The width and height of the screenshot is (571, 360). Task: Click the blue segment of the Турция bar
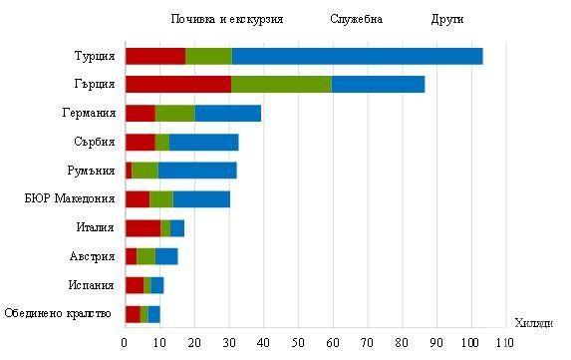(x=357, y=56)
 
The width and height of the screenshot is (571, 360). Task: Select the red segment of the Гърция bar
(x=177, y=84)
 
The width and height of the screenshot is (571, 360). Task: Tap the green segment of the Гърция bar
(x=281, y=84)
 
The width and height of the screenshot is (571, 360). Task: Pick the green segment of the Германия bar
(x=174, y=113)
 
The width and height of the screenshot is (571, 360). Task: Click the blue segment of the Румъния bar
(x=197, y=170)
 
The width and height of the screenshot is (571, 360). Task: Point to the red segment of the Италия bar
(x=143, y=227)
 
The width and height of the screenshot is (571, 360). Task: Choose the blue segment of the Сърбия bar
(x=204, y=142)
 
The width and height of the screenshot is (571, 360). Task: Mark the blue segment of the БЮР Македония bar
(x=201, y=198)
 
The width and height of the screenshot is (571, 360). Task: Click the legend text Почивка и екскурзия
(x=226, y=19)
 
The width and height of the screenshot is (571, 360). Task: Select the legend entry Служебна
(x=357, y=19)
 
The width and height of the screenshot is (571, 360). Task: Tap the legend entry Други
(x=447, y=19)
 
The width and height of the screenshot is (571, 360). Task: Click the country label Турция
(x=95, y=56)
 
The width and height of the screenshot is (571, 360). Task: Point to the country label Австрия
(x=93, y=256)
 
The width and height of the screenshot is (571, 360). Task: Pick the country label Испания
(x=93, y=285)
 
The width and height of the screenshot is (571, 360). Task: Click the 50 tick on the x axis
(x=297, y=343)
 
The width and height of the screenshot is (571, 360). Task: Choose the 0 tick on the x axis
(x=125, y=343)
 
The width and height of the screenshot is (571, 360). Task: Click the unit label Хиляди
(x=535, y=322)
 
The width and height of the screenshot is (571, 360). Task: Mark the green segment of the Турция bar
(x=208, y=56)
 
